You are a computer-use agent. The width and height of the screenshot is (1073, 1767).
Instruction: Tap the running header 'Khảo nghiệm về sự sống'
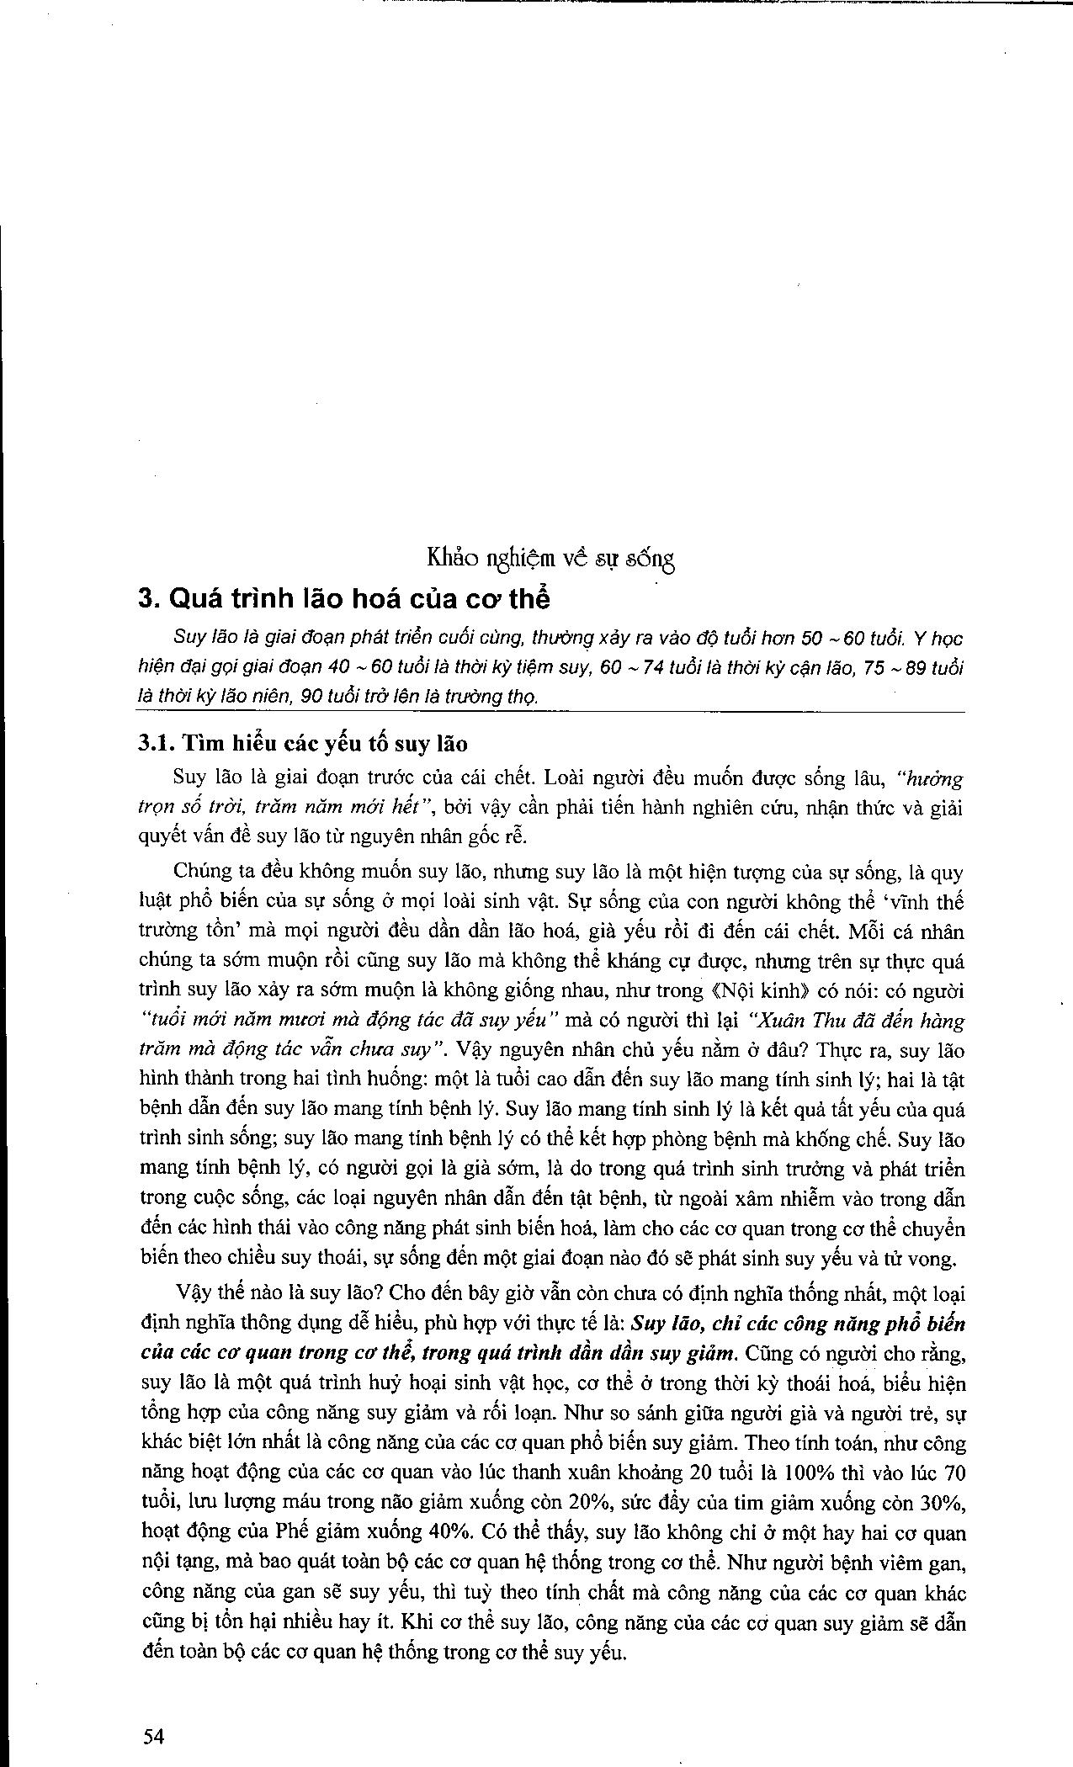pyautogui.click(x=551, y=557)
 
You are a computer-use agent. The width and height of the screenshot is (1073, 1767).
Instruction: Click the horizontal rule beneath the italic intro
pyautogui.click(x=551, y=714)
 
